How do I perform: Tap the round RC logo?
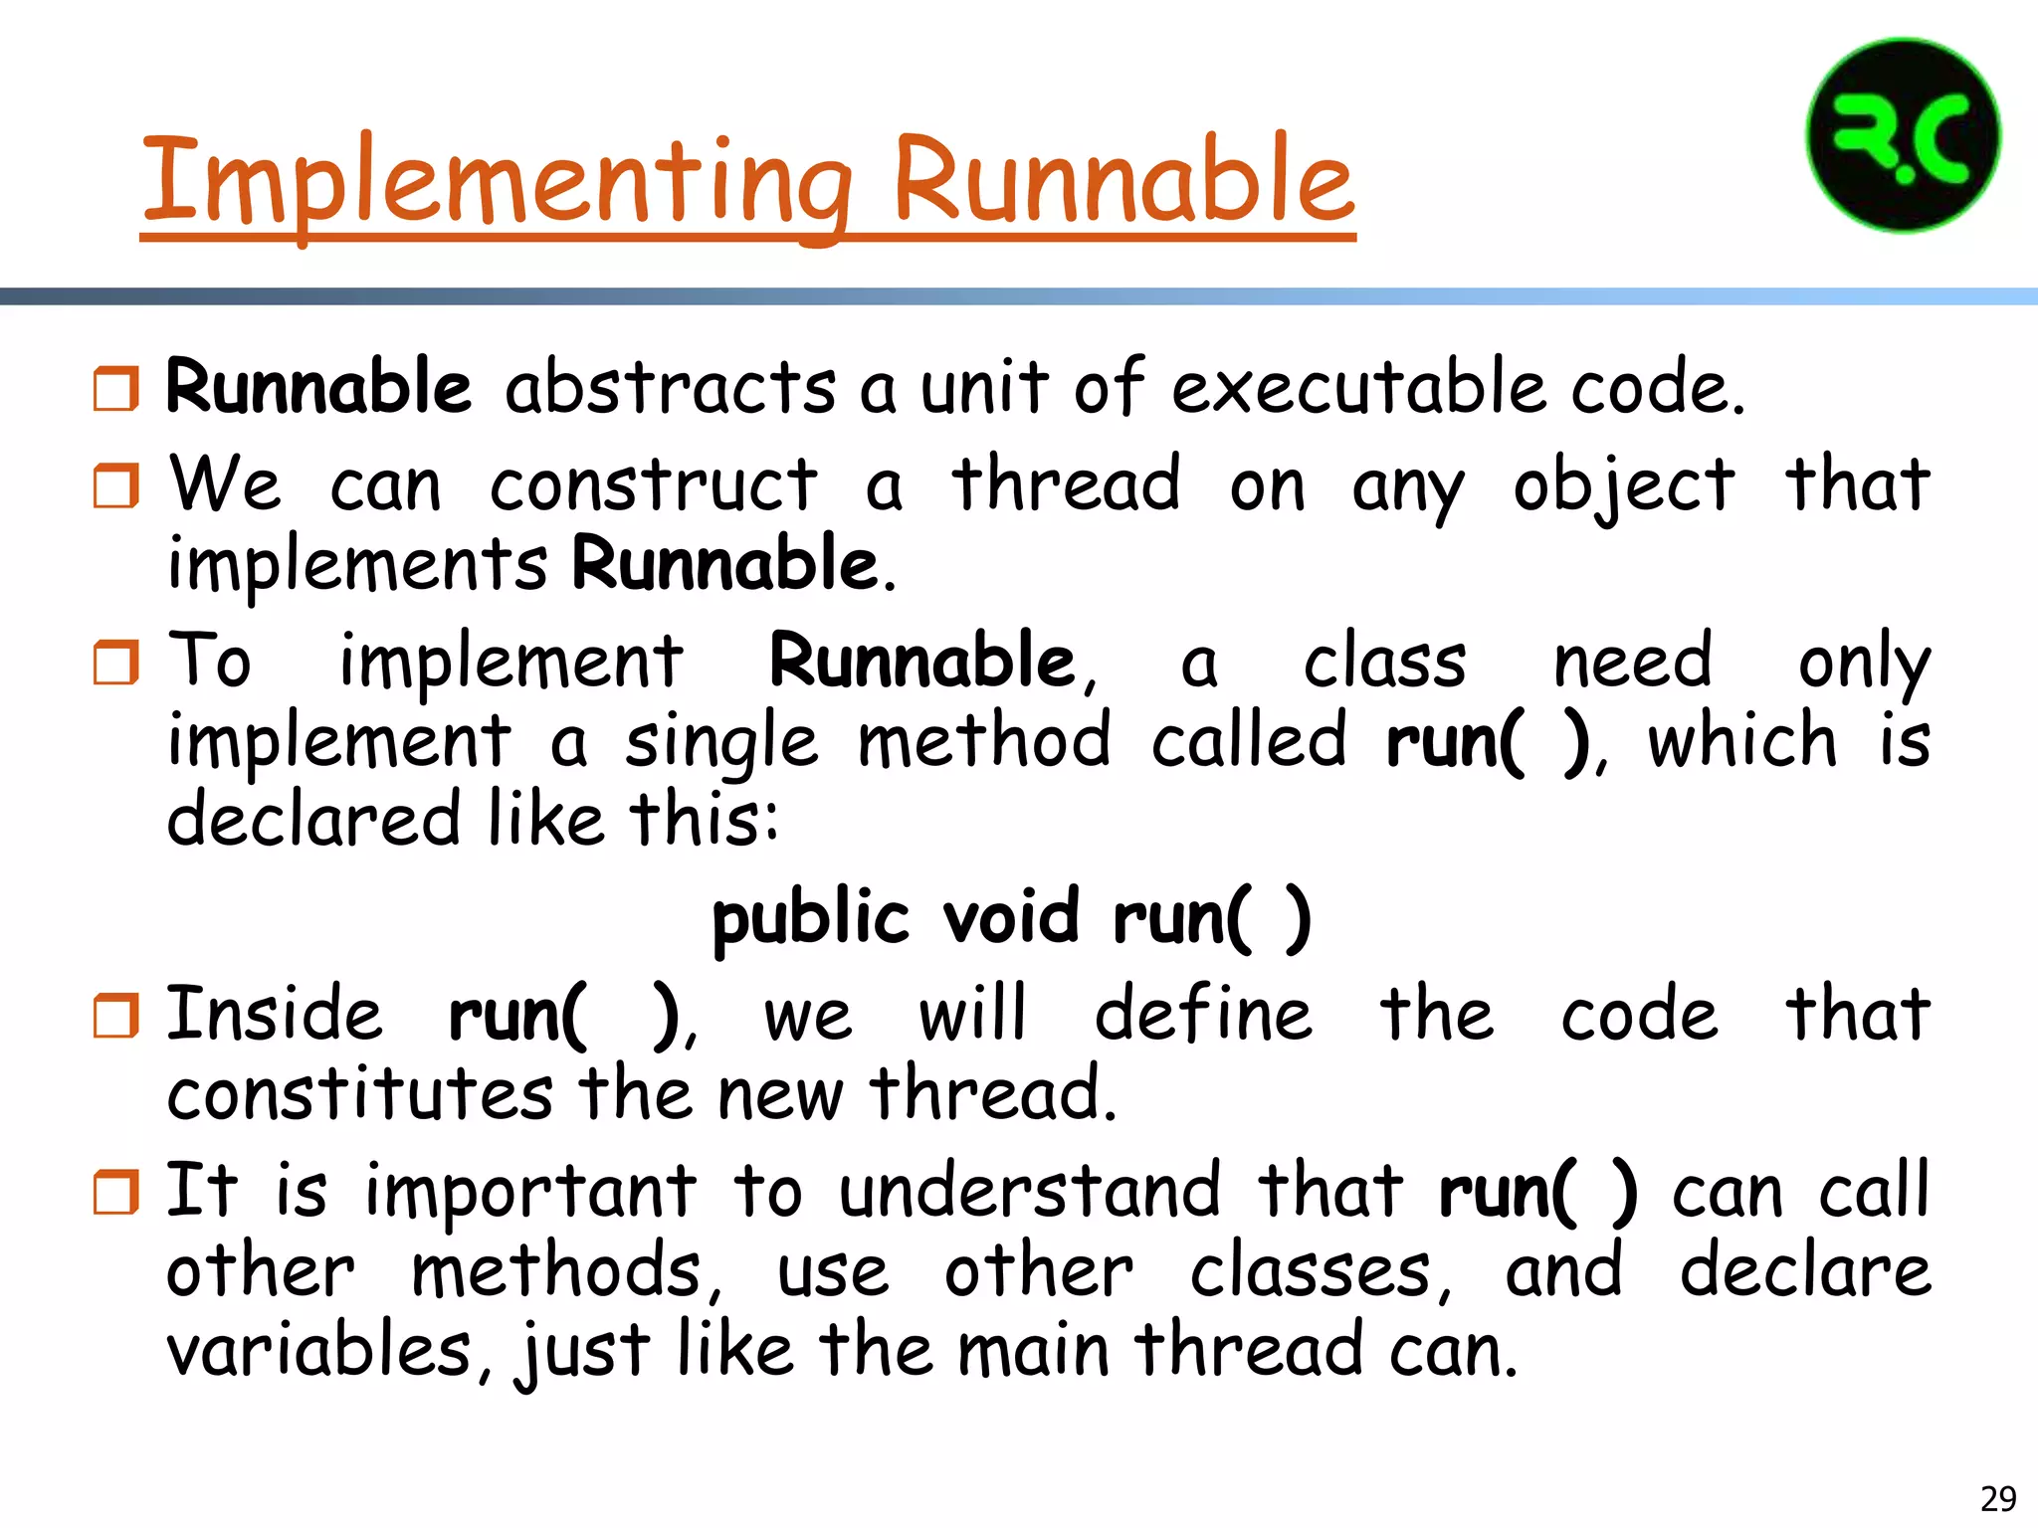pos(1903,135)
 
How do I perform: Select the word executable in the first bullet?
pos(1359,388)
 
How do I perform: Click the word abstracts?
pos(670,388)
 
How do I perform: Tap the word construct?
pos(653,486)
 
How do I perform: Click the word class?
pos(1384,663)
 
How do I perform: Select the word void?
pos(1010,917)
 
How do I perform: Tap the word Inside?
pos(275,1015)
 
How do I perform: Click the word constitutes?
pos(359,1094)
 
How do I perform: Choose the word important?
pos(530,1192)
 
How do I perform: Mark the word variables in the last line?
pos(318,1351)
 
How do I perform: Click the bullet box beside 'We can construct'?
pos(116,486)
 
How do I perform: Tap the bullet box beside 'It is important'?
pos(116,1192)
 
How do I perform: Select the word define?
pos(1203,1015)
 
